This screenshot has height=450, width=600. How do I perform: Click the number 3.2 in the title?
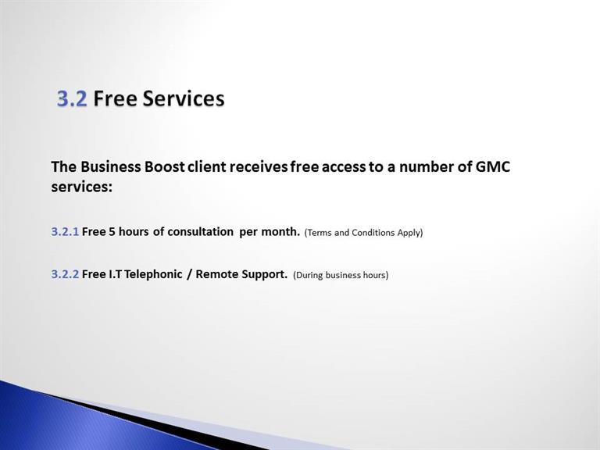click(72, 98)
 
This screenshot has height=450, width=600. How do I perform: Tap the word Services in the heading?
click(184, 98)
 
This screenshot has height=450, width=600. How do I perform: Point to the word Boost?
click(165, 167)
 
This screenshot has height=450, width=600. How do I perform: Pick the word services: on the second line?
click(82, 187)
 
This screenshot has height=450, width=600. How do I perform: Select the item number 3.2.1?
click(65, 232)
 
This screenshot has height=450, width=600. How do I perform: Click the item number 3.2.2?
click(65, 274)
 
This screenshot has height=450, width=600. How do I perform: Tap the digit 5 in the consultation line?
click(112, 232)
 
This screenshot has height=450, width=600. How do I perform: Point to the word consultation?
click(200, 232)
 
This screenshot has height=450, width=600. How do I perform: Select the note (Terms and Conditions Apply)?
click(363, 233)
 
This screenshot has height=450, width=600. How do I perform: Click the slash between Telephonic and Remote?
click(189, 274)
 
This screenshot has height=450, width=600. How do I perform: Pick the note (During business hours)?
click(341, 275)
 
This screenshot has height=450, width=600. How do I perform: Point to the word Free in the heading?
click(115, 98)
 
